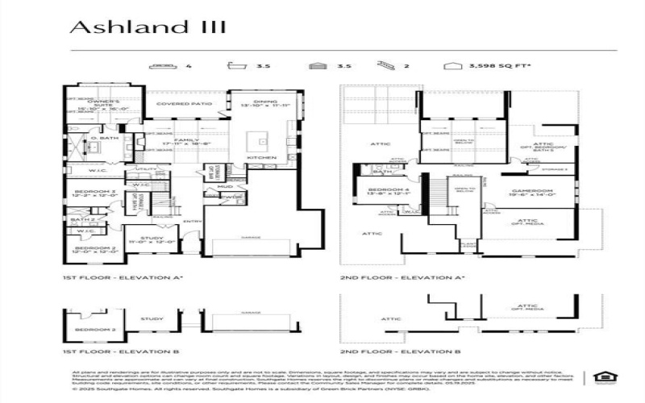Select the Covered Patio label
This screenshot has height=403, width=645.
point(184,104)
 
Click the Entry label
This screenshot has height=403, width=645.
point(193,221)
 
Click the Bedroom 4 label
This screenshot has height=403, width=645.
point(378,189)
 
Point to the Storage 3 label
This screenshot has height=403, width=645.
point(554,170)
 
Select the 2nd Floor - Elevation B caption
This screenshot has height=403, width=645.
point(401,352)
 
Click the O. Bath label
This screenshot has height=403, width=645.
point(105,139)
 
